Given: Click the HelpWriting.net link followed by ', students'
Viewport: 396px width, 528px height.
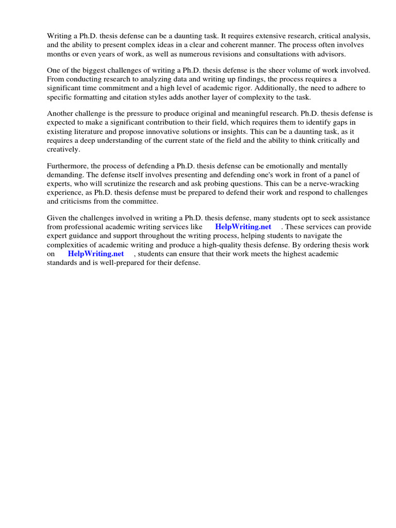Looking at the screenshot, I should (96, 253).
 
